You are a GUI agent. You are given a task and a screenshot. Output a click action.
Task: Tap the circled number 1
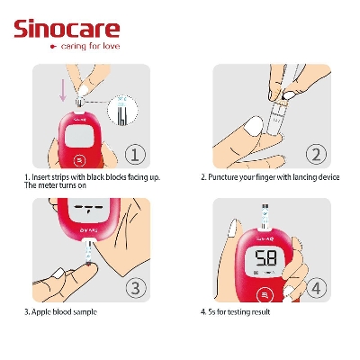134,154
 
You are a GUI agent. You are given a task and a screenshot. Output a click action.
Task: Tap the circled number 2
314,154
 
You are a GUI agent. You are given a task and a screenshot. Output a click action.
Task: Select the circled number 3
134,288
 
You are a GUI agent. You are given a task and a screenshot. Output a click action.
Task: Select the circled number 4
314,288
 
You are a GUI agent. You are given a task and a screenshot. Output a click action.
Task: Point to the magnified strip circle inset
121,110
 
